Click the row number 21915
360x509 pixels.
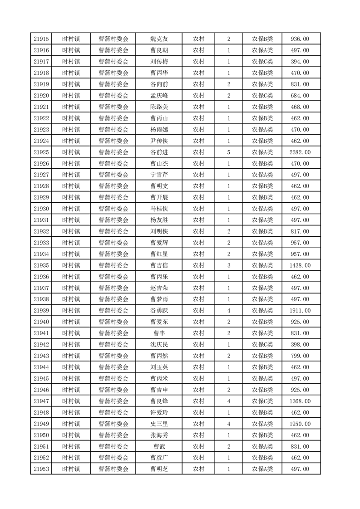click(x=41, y=39)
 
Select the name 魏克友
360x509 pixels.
click(x=159, y=39)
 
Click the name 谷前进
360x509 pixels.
click(x=159, y=152)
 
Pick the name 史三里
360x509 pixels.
click(x=159, y=424)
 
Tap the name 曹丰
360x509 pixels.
click(x=159, y=333)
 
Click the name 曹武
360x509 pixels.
click(x=159, y=446)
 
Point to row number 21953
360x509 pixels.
click(x=41, y=469)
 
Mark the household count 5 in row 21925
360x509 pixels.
click(x=228, y=152)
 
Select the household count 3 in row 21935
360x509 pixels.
click(x=228, y=265)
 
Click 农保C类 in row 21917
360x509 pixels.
click(x=262, y=62)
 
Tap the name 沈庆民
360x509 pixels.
click(x=159, y=345)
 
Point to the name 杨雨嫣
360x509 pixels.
click(x=159, y=130)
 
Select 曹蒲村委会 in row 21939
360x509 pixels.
click(x=113, y=311)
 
